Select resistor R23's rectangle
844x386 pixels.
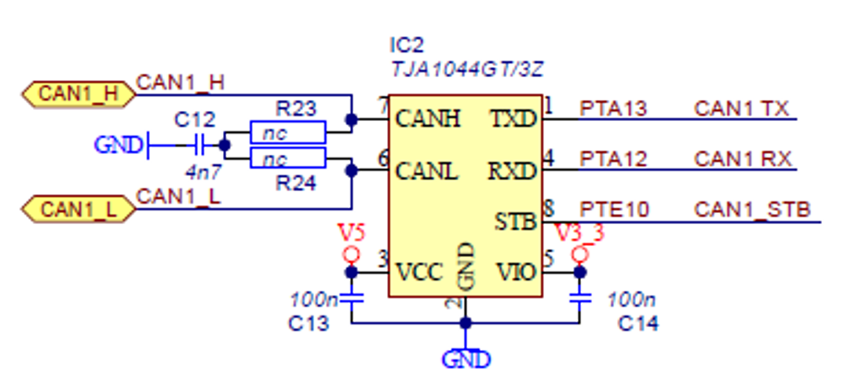pyautogui.click(x=287, y=133)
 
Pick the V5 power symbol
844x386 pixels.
pyautogui.click(x=351, y=253)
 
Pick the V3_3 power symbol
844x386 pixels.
pyautogui.click(x=580, y=253)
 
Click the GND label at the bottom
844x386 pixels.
pyautogui.click(x=466, y=360)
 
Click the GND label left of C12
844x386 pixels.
pyautogui.click(x=118, y=145)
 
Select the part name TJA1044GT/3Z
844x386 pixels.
pyautogui.click(x=467, y=70)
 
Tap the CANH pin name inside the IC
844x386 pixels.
pyautogui.click(x=428, y=119)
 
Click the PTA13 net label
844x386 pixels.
pyautogui.click(x=613, y=108)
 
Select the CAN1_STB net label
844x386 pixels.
pyautogui.click(x=752, y=210)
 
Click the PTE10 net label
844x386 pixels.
pyautogui.click(x=615, y=210)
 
